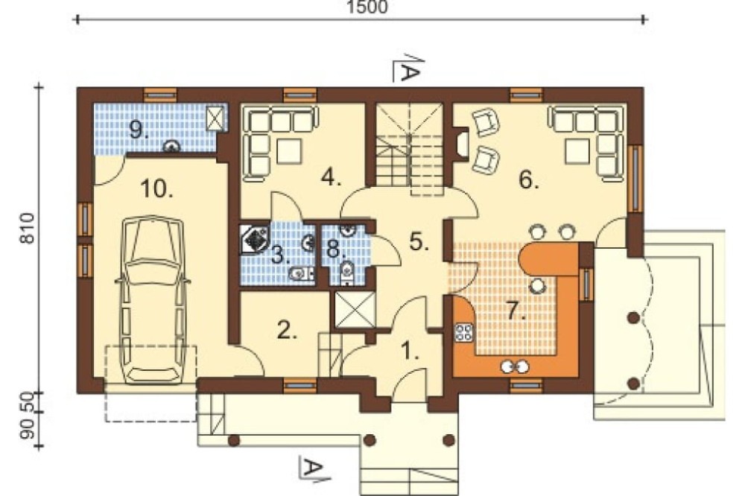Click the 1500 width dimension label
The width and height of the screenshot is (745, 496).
click(367, 7)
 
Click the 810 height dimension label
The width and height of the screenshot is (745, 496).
click(28, 229)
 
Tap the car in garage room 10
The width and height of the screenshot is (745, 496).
click(153, 300)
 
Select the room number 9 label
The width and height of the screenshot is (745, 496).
click(139, 130)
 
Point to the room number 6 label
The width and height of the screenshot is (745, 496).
click(529, 180)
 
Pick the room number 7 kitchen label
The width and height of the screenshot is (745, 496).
click(516, 311)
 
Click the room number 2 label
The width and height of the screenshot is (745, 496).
click(287, 330)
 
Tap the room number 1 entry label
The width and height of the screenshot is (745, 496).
click(410, 352)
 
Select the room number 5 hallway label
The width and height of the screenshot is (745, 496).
click(419, 241)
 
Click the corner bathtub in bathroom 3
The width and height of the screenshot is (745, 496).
click(255, 239)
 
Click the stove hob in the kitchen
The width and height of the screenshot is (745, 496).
click(463, 332)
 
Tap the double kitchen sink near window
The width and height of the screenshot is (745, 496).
click(515, 366)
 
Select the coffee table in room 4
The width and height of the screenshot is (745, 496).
click(289, 151)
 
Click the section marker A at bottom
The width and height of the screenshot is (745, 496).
click(314, 468)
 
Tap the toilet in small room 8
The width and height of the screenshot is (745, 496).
click(347, 271)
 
